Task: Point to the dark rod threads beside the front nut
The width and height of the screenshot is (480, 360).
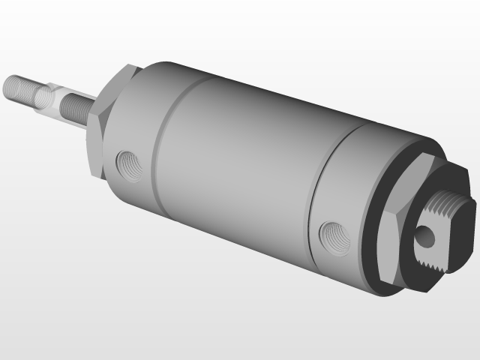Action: pyautogui.click(x=75, y=109)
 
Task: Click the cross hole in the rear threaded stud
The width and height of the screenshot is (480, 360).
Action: pyautogui.click(x=425, y=236)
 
